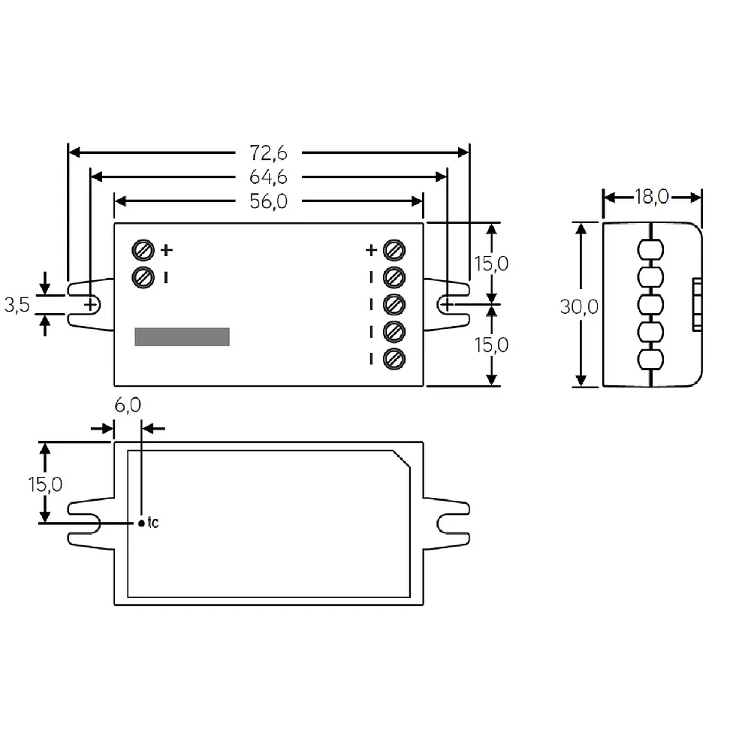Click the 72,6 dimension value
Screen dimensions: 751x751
pyautogui.click(x=268, y=152)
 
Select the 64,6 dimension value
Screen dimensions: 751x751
pyautogui.click(x=268, y=177)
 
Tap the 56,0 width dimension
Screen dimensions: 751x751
pyautogui.click(x=268, y=201)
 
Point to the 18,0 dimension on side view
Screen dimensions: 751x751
pyautogui.click(x=651, y=197)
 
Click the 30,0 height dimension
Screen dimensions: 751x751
pyautogui.click(x=579, y=306)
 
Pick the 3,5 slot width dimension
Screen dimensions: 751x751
pyautogui.click(x=17, y=305)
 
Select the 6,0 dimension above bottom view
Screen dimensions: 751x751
pyautogui.click(x=128, y=406)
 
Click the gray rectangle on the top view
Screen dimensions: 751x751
pyautogui.click(x=182, y=336)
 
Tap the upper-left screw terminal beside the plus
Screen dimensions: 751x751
pyautogui.click(x=143, y=250)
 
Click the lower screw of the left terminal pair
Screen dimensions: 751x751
pyautogui.click(x=143, y=277)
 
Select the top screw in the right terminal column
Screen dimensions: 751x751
pyautogui.click(x=394, y=250)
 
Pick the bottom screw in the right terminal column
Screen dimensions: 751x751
pyautogui.click(x=394, y=359)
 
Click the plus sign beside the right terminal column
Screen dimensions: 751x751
pyautogui.click(x=371, y=250)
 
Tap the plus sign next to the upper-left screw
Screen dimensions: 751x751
pyautogui.click(x=167, y=250)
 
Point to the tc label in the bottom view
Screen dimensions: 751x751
pyautogui.click(x=152, y=522)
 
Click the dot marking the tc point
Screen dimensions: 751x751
pyautogui.click(x=141, y=523)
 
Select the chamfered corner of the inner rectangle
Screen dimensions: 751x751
pyautogui.click(x=402, y=458)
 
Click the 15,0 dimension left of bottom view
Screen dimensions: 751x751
pyautogui.click(x=45, y=484)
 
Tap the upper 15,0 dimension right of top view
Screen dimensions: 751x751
pyautogui.click(x=491, y=264)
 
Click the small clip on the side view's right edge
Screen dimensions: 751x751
pyautogui.click(x=698, y=305)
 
